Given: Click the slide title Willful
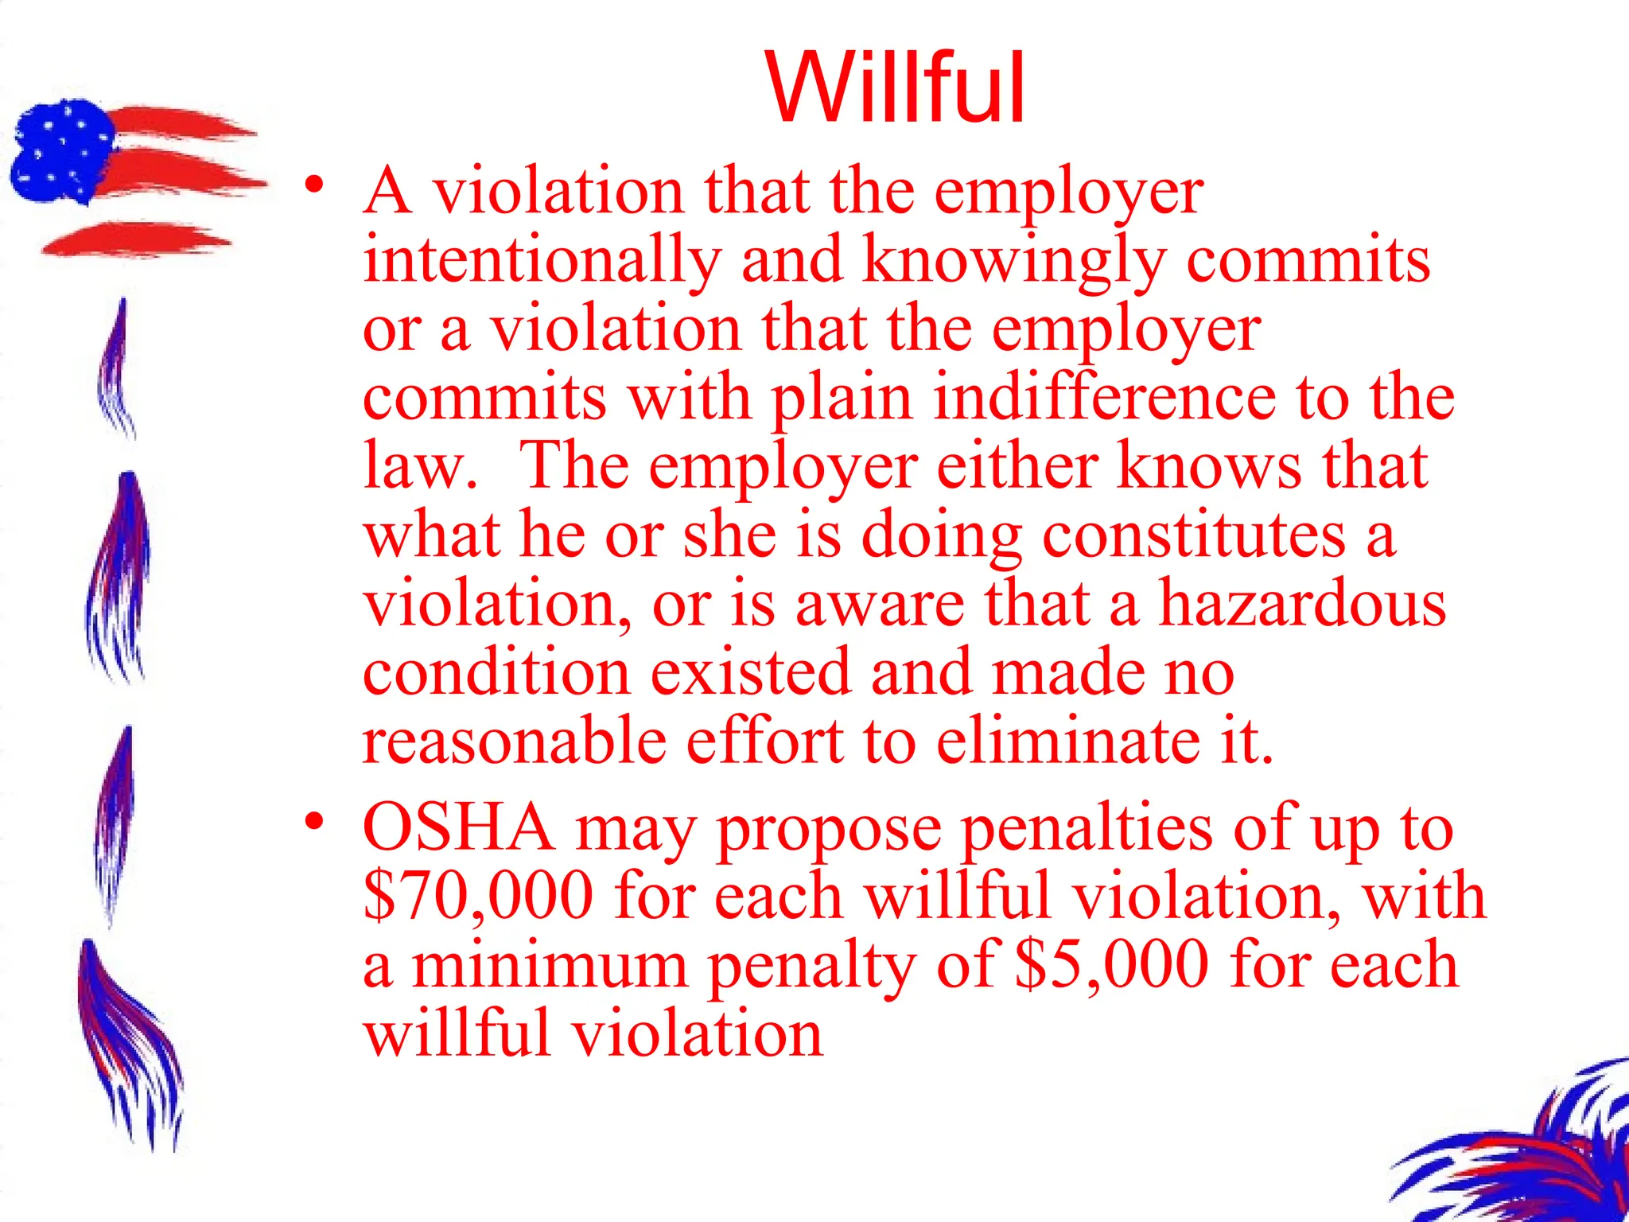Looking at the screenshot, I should (896, 88).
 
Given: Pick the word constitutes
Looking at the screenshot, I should (1194, 535).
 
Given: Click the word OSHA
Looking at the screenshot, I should (459, 827).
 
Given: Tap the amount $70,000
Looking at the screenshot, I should (479, 896).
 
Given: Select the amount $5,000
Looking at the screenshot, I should (1112, 964).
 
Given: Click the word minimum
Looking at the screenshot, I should (550, 964).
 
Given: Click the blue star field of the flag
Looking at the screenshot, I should (60, 151).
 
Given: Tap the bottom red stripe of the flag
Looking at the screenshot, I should (135, 239).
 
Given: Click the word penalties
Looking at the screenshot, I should (1087, 827).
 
